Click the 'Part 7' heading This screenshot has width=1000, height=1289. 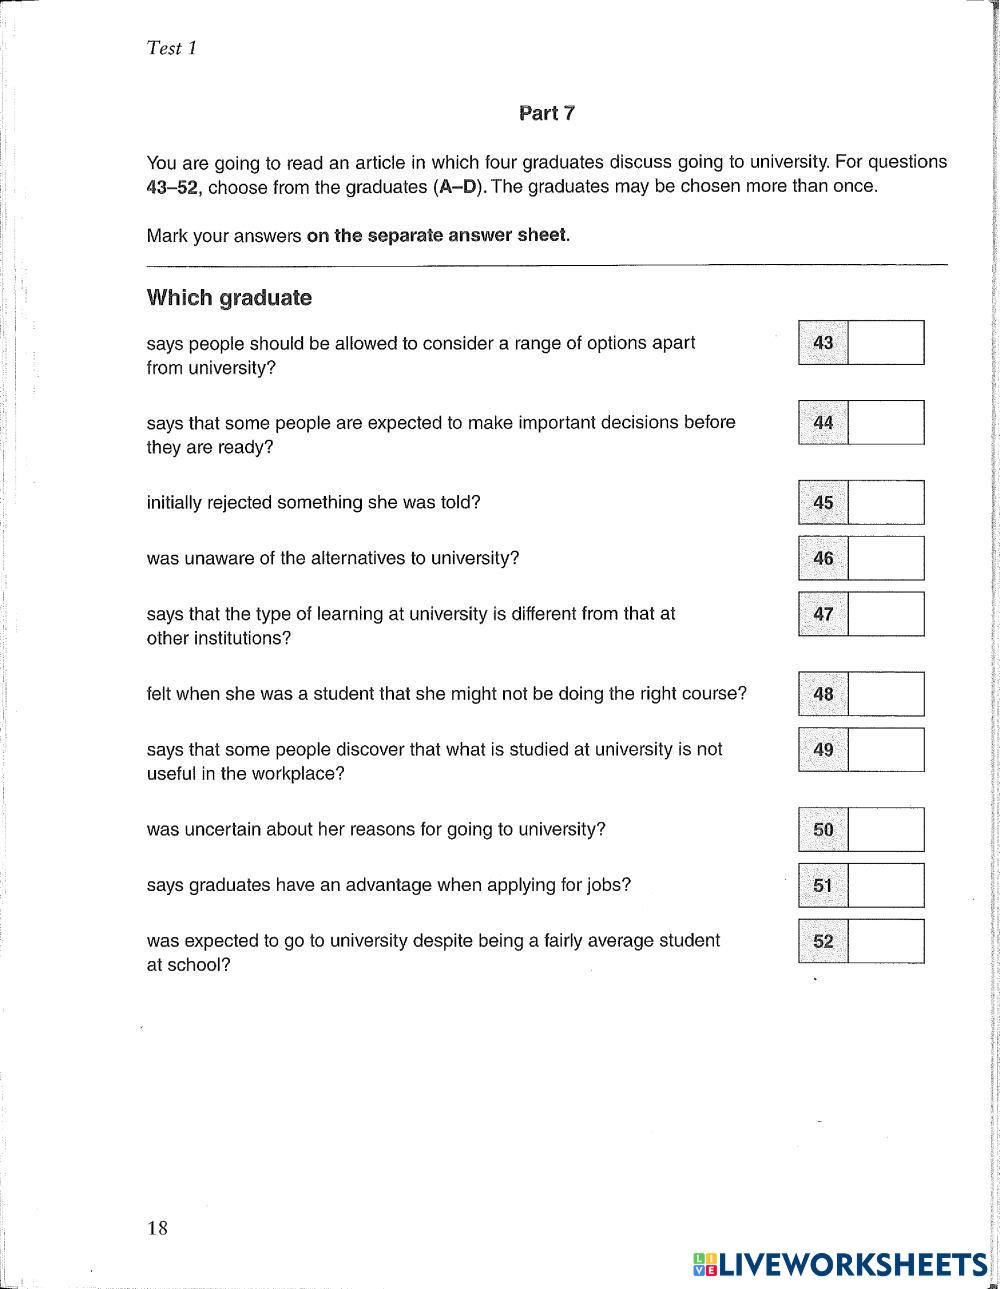tap(547, 113)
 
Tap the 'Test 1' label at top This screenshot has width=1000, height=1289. tap(171, 48)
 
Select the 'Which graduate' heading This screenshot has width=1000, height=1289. tap(229, 298)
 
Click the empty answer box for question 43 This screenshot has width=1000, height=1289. tap(885, 343)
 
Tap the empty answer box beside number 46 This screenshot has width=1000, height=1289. tap(885, 558)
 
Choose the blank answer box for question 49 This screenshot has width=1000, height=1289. tap(885, 750)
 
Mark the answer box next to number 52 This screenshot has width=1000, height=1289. tap(885, 941)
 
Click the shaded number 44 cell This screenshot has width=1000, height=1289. tap(823, 423)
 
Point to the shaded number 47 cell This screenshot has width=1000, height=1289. tap(823, 614)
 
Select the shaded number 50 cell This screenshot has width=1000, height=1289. tap(823, 830)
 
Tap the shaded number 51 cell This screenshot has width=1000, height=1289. tap(823, 886)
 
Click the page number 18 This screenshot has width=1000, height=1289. tap(158, 1228)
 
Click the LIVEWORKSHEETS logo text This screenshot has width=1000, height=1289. tap(851, 1265)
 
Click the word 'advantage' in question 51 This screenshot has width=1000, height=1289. tap(385, 885)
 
